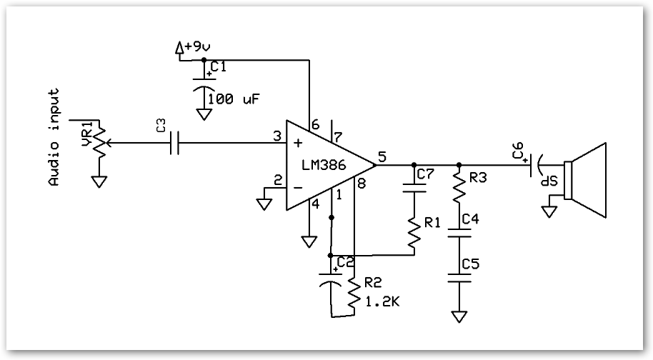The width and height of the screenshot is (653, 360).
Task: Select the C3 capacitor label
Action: pyautogui.click(x=162, y=126)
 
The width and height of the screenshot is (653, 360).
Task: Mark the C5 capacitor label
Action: pyautogui.click(x=470, y=264)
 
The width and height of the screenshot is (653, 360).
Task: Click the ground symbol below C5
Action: pyautogui.click(x=458, y=315)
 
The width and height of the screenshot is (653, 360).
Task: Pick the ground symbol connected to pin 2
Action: pyautogui.click(x=264, y=204)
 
